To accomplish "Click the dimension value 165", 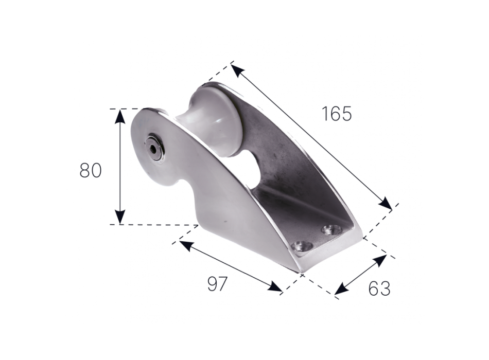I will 337,113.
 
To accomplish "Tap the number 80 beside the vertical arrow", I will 91,170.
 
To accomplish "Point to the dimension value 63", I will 379,289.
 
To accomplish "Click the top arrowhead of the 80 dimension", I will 119,115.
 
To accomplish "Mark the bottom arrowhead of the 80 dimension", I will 119,218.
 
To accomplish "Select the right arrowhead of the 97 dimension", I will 276,288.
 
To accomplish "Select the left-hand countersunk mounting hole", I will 300,246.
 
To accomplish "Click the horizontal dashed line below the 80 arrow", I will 154,225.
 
